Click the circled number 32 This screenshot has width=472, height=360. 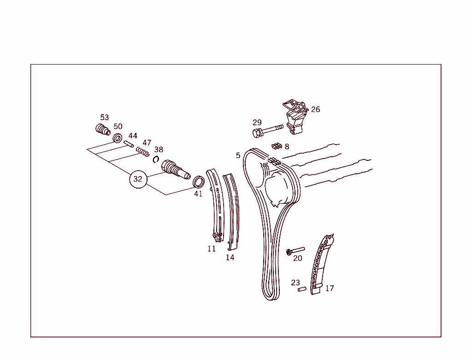click(x=138, y=179)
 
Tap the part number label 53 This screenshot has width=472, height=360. click(x=105, y=118)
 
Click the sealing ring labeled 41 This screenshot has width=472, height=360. click(x=198, y=182)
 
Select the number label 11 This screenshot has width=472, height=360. click(x=212, y=248)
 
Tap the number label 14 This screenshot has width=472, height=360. click(x=230, y=257)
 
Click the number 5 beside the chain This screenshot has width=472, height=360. click(x=238, y=155)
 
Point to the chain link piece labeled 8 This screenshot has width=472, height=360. click(x=277, y=146)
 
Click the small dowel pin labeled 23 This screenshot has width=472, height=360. click(x=301, y=289)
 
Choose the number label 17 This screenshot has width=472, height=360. click(x=330, y=289)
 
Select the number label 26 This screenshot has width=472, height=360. click(x=315, y=110)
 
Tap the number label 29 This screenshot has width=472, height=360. click(x=257, y=123)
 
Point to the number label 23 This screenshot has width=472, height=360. click(x=295, y=283)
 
